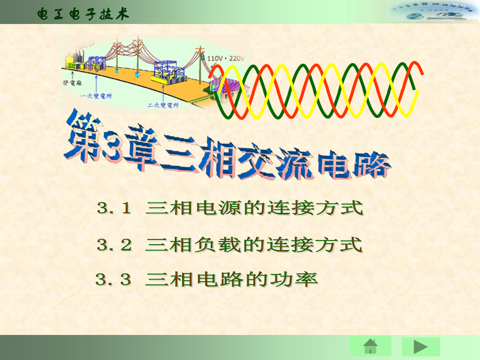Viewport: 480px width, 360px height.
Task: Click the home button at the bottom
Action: click(x=370, y=346)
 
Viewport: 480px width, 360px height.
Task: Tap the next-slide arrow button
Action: click(x=421, y=346)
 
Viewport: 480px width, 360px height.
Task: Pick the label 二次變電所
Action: click(x=163, y=105)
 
